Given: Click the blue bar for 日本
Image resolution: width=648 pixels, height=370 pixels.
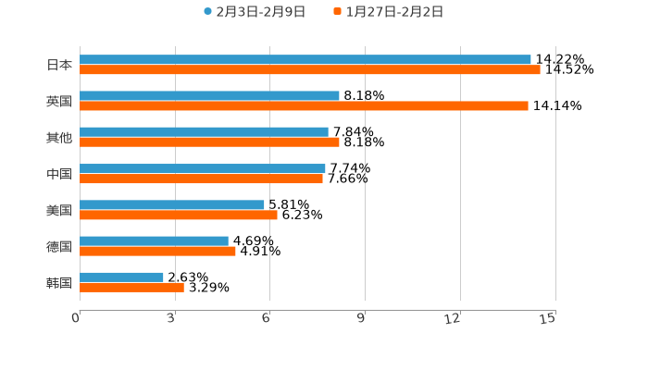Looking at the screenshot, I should coord(305,59).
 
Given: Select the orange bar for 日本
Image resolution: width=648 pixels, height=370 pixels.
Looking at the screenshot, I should coord(310,69).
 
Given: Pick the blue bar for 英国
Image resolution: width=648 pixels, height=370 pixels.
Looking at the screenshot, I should coord(209,95).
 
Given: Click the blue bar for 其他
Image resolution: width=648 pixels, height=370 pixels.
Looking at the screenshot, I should coord(204,131).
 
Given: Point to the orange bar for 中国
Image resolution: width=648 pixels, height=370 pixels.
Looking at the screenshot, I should coord(201,179).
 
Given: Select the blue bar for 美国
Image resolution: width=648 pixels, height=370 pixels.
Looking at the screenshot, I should coord(172,204).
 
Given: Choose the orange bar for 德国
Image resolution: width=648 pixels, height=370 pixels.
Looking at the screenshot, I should coord(157,251).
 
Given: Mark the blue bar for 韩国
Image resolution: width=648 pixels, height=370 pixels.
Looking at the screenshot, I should coord(121,277).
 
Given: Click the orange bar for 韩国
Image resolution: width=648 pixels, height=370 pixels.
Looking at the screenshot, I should coord(131,287).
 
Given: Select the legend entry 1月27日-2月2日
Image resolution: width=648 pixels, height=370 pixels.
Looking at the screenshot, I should coord(394,12).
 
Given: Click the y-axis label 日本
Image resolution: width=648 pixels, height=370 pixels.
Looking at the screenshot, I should coord(59,65).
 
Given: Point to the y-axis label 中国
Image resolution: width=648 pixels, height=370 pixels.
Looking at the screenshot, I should coord(59,174).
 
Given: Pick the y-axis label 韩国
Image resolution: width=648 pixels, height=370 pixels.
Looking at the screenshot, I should coord(59,282).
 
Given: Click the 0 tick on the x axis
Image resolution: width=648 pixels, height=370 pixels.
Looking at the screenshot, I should coord(76,318).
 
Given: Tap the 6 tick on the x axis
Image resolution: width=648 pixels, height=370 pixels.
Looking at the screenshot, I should coord(266,318).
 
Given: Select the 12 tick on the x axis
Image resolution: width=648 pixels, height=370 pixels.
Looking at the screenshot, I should coord(453,318).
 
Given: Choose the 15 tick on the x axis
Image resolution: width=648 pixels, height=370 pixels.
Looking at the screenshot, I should coord(548,318).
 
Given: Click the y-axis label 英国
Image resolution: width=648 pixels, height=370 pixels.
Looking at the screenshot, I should coord(59,101).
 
